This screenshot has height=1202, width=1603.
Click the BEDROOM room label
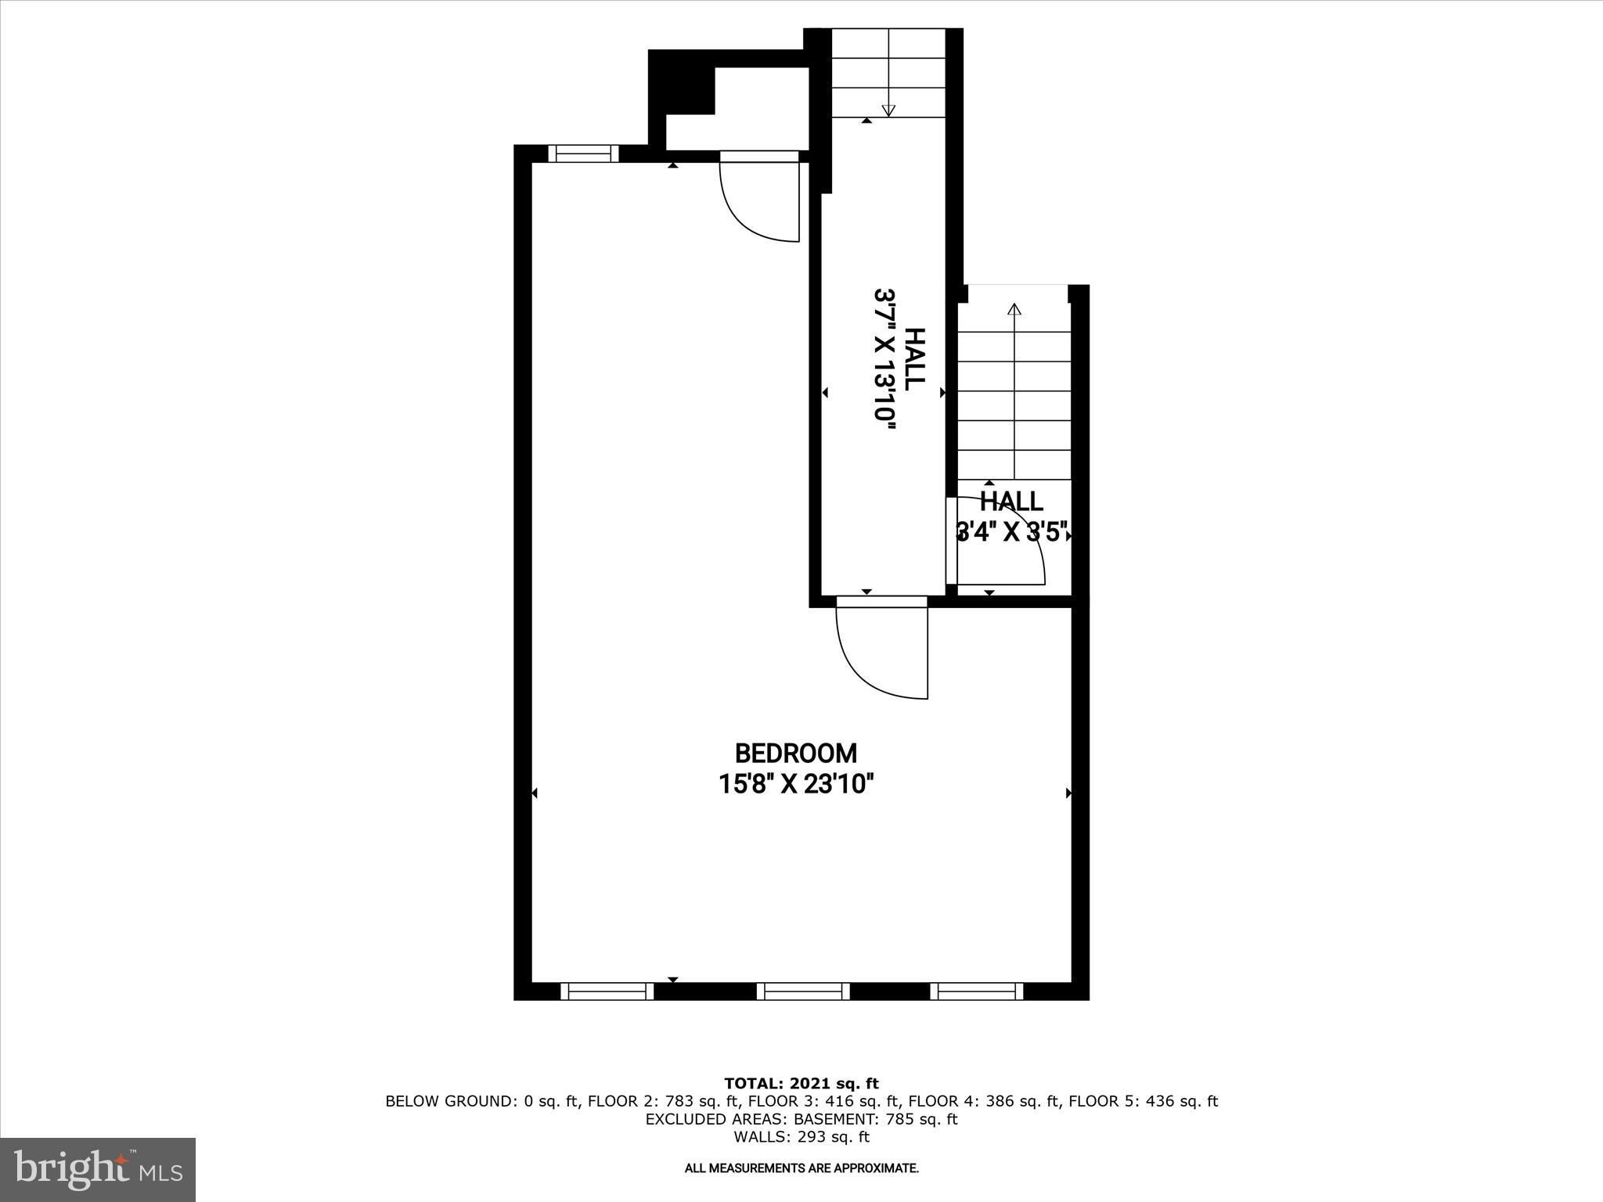coord(796,754)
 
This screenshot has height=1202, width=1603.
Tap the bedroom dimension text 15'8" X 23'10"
coord(796,783)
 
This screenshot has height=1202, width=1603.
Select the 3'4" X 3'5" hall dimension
coord(1012,533)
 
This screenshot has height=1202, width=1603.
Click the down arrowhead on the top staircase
coord(888,110)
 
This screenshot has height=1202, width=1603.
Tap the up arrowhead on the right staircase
coord(1014,308)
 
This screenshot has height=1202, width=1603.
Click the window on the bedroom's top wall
coord(583,153)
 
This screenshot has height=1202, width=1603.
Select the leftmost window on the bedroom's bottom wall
coord(607,991)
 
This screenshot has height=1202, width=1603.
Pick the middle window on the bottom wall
coord(803,991)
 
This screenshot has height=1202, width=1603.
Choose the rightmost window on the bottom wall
coord(977,991)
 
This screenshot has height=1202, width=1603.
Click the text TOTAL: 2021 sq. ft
coord(801,1084)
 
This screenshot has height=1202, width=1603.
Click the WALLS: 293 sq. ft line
coord(801,1137)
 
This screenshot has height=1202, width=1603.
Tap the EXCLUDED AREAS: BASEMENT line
coord(801,1119)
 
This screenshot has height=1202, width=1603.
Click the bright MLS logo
coord(98,1169)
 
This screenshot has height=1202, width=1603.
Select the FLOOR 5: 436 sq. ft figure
coord(1143,1101)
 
